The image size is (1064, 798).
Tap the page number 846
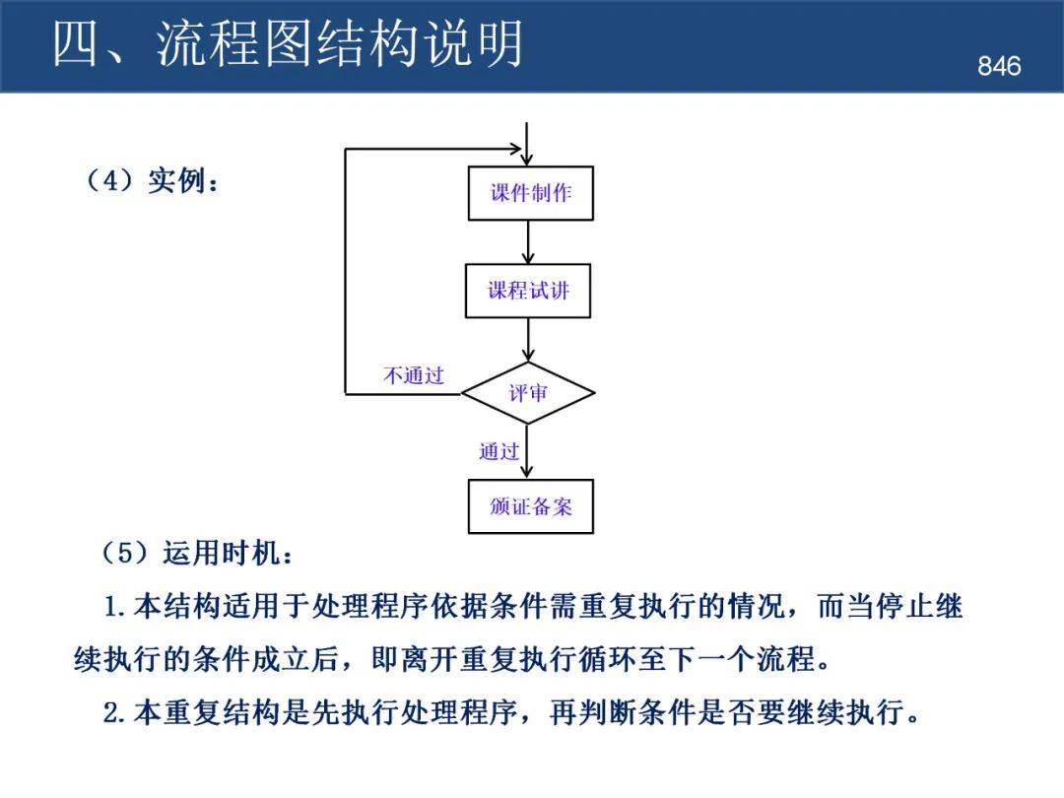(999, 66)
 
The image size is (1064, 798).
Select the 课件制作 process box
(530, 193)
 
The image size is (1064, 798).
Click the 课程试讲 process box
(528, 291)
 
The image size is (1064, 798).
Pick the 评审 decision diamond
(528, 393)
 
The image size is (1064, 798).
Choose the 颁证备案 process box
(530, 506)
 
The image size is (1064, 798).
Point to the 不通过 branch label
(414, 375)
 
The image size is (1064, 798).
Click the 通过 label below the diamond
(499, 452)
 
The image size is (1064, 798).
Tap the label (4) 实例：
(153, 181)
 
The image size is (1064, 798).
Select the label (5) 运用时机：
(197, 554)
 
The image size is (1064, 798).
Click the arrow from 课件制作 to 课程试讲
(529, 242)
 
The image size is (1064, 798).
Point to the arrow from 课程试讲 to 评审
(529, 340)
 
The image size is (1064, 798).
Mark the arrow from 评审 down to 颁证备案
(529, 451)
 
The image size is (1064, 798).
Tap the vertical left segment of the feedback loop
(345, 271)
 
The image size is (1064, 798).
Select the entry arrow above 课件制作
(529, 144)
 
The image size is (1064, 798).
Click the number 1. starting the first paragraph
(116, 607)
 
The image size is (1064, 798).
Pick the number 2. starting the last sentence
(116, 712)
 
